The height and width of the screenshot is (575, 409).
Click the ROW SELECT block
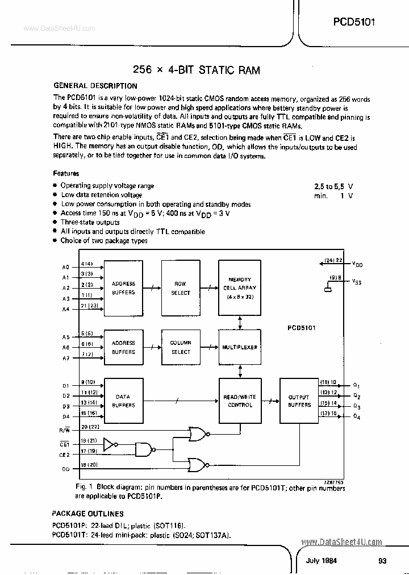tap(181, 288)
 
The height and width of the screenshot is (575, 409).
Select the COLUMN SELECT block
tap(181, 347)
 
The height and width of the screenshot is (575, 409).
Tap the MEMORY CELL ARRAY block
tap(240, 288)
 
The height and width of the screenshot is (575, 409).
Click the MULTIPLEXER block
tap(240, 347)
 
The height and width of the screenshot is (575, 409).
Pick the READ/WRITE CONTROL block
tap(240, 401)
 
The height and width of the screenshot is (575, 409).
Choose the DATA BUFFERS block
tap(123, 401)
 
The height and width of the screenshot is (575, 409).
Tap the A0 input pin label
tap(65, 266)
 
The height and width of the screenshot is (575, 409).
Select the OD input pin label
tap(65, 469)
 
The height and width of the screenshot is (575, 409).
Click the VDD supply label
tap(357, 264)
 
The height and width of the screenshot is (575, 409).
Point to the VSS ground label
tap(357, 281)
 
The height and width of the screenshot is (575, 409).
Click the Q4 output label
tap(357, 418)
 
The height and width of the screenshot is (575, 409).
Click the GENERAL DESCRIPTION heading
tap(95, 86)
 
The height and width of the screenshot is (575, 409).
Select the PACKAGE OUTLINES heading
tap(88, 514)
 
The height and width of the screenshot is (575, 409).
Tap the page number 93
tap(382, 561)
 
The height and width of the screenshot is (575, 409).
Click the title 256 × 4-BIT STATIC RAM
tap(196, 70)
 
